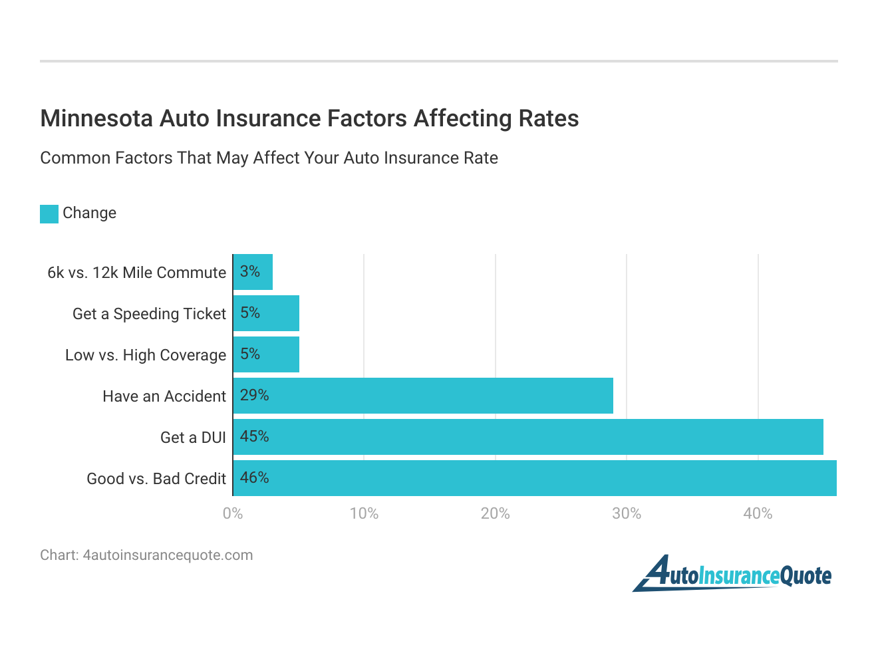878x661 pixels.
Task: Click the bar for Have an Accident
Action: point(423,396)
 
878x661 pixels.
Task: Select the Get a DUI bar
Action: point(528,437)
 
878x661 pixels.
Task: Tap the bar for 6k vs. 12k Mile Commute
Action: point(253,272)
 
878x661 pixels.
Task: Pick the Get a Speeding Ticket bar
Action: point(266,313)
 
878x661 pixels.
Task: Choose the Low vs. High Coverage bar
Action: point(266,354)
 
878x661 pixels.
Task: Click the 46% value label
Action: point(255,477)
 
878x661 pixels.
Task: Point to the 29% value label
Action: point(255,395)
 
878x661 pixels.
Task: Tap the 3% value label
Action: point(250,271)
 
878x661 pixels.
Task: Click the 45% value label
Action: point(255,436)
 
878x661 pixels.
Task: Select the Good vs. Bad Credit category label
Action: point(156,479)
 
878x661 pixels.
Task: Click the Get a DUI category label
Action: point(193,438)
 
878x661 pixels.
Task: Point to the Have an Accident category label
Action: point(164,396)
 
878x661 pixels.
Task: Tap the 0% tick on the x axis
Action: point(233,513)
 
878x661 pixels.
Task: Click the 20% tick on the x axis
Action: point(496,513)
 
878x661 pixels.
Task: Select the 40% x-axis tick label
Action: point(758,513)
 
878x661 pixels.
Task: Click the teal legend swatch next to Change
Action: point(49,213)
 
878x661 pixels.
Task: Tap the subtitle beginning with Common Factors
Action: point(269,158)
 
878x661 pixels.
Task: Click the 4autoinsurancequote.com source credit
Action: point(146,555)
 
